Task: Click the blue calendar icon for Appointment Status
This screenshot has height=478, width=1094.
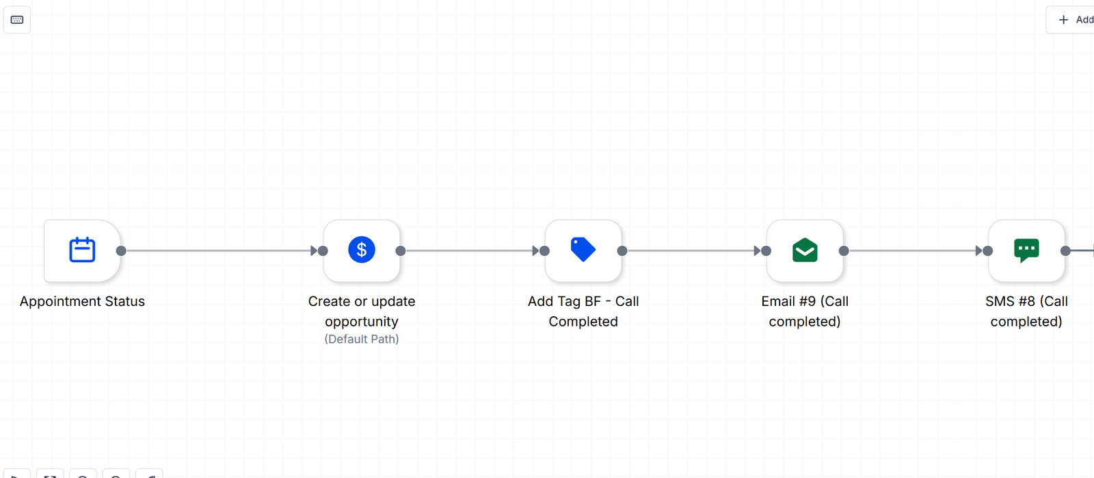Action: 82,250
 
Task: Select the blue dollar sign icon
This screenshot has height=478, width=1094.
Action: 362,250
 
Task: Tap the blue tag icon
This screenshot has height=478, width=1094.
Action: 583,250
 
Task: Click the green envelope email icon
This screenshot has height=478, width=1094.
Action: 805,250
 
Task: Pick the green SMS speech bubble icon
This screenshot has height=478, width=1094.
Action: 1026,250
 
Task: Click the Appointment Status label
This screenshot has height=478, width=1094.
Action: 82,301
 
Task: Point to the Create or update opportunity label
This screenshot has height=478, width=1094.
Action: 362,311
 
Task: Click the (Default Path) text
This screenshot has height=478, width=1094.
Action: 362,339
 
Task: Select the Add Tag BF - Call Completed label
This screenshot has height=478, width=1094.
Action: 583,311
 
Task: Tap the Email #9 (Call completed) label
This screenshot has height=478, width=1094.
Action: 805,311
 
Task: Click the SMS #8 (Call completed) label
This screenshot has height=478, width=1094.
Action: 1026,311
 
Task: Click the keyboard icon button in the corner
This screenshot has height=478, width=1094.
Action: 17,20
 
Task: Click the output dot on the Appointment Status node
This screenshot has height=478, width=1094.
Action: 121,251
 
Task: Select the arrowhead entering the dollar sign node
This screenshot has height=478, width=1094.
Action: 314,251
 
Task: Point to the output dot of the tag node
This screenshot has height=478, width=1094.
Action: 622,251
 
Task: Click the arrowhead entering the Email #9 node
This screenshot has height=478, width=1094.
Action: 758,251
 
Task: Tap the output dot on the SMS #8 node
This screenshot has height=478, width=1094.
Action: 1066,251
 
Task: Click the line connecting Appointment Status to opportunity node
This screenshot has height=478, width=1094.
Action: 219,251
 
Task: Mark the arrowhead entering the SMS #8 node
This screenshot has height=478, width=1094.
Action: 979,251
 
